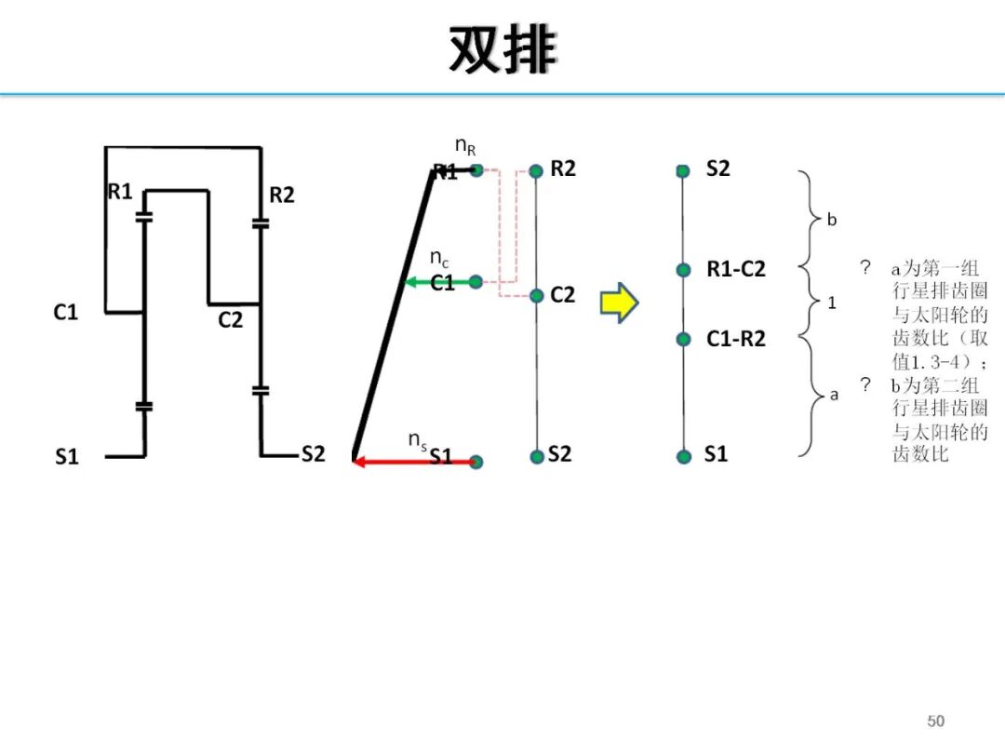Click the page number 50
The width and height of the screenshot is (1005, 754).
click(935, 721)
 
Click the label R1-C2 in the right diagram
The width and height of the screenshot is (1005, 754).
click(735, 270)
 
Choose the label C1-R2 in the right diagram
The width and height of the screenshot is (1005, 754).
click(735, 339)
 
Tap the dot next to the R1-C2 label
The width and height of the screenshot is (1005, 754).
click(684, 270)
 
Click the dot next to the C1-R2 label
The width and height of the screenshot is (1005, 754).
click(684, 339)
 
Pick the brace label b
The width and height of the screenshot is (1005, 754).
click(832, 221)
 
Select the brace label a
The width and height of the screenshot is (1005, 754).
click(834, 394)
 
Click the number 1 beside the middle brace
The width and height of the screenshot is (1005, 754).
click(832, 303)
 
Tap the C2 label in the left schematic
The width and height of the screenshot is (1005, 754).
click(230, 320)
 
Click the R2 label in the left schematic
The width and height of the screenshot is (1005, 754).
click(281, 195)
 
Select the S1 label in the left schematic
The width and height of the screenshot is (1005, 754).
click(66, 457)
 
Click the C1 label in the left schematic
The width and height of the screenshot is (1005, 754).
click(65, 313)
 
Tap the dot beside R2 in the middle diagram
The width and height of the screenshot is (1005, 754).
click(536, 171)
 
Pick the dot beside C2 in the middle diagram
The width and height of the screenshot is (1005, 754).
click(536, 295)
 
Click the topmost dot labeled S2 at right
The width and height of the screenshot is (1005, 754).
click(683, 171)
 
